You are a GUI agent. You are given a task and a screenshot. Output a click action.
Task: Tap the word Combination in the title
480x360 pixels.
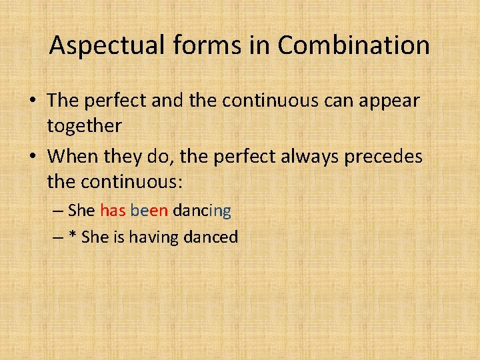(x=354, y=46)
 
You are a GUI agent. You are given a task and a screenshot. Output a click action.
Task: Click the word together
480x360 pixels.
(x=85, y=125)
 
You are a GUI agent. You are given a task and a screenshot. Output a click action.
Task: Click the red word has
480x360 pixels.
(x=113, y=211)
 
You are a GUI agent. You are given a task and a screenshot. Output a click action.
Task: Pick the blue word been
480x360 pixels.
(x=149, y=211)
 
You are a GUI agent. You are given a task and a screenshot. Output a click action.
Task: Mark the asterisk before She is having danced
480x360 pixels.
(x=73, y=236)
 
